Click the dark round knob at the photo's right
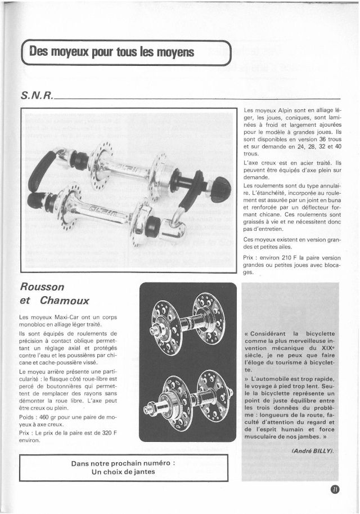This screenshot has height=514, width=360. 220,189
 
